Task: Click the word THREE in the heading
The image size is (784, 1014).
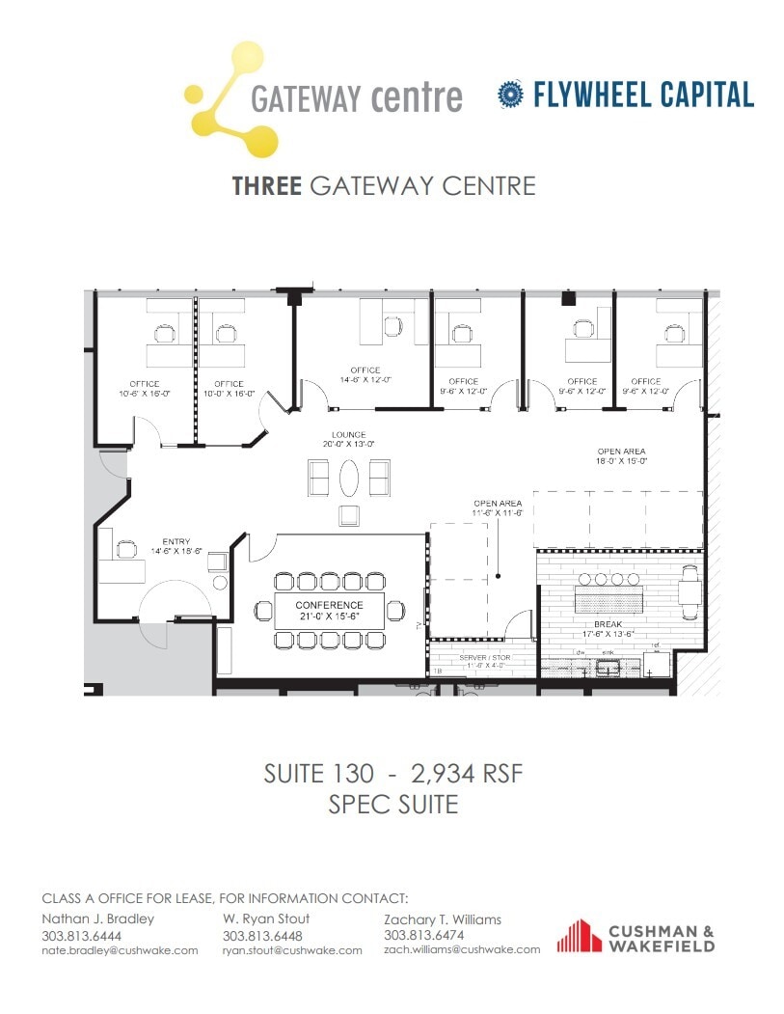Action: tap(267, 185)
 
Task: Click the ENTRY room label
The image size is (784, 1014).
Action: tap(176, 541)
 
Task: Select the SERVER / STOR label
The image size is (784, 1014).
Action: tap(487, 656)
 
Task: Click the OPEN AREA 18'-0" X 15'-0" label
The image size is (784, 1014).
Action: tap(621, 452)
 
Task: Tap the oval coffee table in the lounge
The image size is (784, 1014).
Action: tap(349, 476)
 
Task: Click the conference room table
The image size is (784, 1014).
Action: tap(329, 610)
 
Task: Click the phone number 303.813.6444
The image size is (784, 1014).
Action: tap(81, 936)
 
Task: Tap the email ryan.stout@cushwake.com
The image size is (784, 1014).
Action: tap(291, 950)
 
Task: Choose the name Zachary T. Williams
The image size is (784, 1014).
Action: tap(442, 919)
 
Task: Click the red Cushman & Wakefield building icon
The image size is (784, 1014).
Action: tap(579, 936)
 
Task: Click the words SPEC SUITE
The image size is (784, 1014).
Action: tap(392, 803)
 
